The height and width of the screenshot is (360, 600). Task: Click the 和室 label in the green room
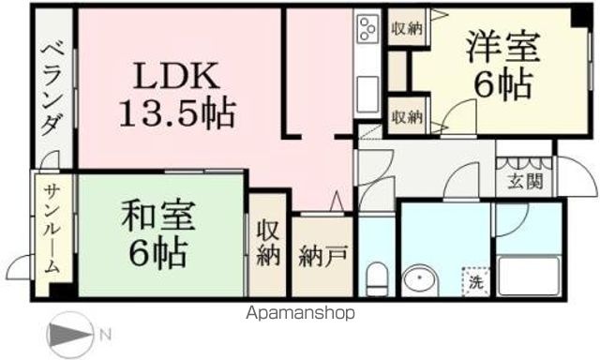pos(157,217)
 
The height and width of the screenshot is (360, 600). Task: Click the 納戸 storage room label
pos(318,255)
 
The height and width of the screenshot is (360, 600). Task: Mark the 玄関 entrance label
pos(524,182)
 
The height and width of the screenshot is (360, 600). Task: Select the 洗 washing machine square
pos(475,278)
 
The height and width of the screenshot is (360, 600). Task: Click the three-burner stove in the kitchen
pos(367,30)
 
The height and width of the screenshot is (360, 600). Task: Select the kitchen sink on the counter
pos(367,92)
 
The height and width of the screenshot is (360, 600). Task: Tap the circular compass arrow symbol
pos(69,336)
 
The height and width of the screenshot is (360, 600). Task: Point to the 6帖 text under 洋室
pos(502,84)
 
